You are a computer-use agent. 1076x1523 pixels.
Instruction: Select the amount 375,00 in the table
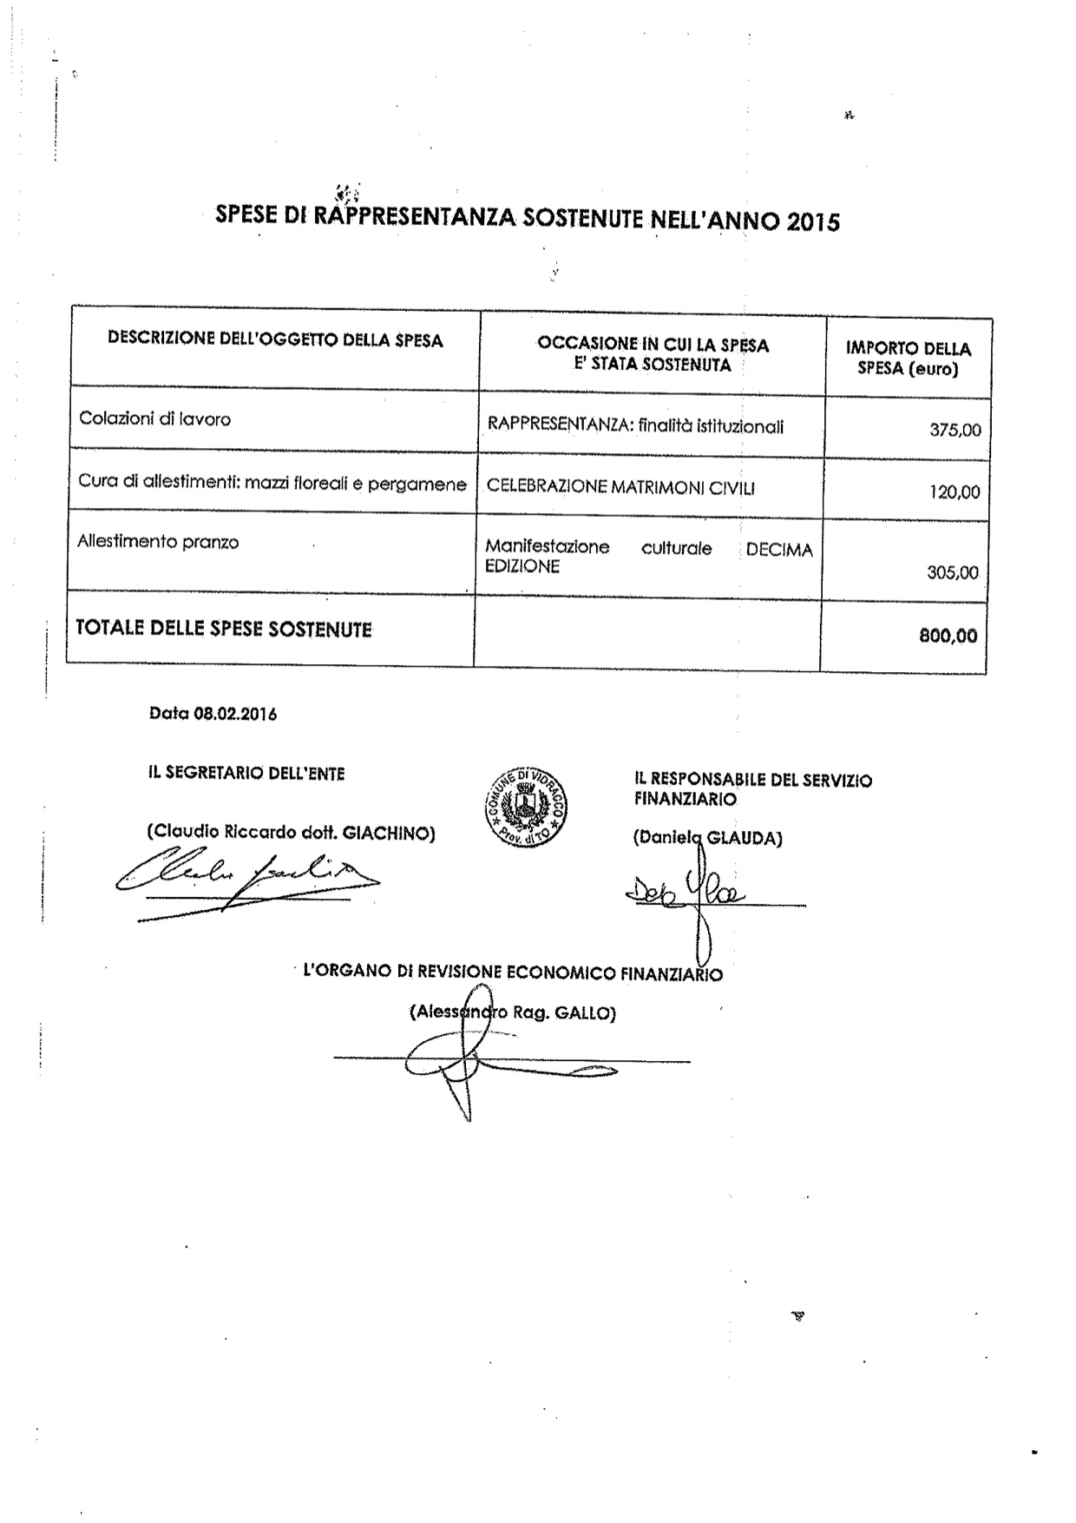point(955,429)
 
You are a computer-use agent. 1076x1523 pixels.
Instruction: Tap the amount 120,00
point(955,492)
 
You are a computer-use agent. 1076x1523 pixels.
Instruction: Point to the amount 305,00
point(953,572)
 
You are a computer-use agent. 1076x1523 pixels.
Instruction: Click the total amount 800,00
point(948,636)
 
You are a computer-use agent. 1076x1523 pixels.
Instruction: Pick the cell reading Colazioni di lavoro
point(154,419)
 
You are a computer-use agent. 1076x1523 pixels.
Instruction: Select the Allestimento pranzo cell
point(158,542)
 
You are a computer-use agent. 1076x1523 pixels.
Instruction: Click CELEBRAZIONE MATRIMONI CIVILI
point(620,487)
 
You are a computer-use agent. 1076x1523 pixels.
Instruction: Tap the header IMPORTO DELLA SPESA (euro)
point(908,358)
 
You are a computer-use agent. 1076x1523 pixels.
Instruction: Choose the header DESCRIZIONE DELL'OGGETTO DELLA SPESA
point(275,340)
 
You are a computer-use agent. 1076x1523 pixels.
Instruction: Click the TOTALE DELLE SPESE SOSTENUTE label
point(224,629)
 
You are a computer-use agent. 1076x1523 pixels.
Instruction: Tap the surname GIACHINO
point(389,834)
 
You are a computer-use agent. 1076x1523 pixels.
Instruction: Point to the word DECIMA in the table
point(779,551)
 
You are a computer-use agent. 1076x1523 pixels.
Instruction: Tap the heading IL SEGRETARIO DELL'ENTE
point(246,773)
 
